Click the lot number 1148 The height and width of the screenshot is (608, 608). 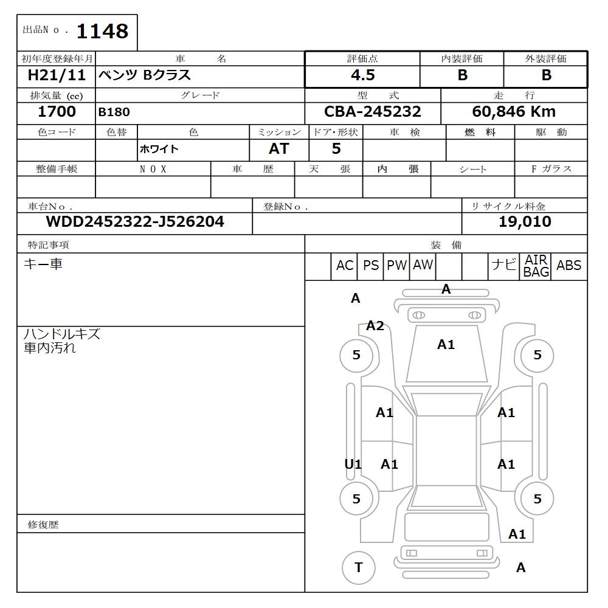click(102, 32)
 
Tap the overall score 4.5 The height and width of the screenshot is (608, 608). click(362, 75)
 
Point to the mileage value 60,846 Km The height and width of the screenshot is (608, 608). click(514, 112)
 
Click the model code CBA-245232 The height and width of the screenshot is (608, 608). click(373, 112)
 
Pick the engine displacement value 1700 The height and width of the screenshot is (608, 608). click(57, 112)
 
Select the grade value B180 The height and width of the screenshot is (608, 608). click(114, 112)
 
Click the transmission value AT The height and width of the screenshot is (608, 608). click(279, 149)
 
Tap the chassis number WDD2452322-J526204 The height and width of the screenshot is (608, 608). click(135, 222)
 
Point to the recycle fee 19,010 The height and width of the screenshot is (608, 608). click(525, 222)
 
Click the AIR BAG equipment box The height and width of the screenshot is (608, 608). click(536, 266)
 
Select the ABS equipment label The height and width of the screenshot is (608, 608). click(568, 266)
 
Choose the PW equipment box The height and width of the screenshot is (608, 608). click(397, 266)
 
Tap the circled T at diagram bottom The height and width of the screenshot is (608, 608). click(358, 568)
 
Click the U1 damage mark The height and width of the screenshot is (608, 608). click(353, 465)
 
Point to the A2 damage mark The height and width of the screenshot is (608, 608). click(375, 326)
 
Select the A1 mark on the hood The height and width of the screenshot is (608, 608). click(446, 345)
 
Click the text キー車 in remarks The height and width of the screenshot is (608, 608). click(43, 264)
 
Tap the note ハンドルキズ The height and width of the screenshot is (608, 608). click(61, 334)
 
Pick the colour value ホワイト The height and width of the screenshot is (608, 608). click(159, 150)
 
